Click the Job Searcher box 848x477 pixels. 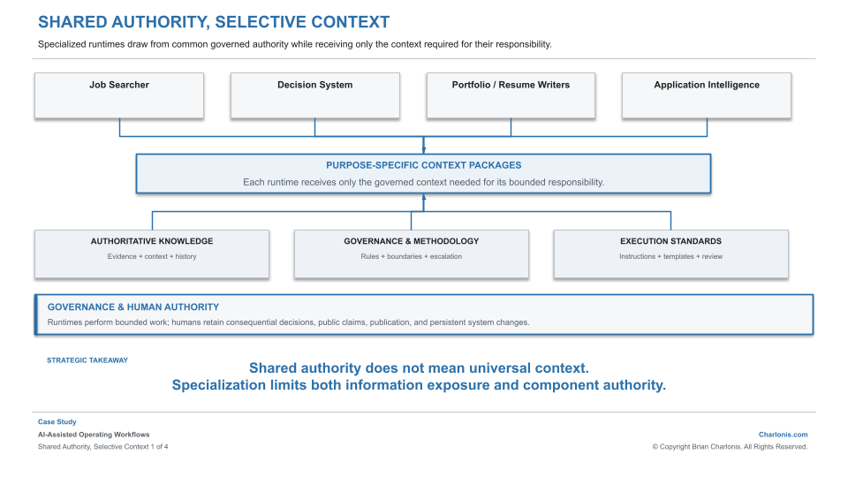tap(119, 95)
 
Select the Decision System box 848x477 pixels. tap(314, 95)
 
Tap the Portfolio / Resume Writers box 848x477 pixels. tap(511, 95)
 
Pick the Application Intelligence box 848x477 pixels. tap(707, 95)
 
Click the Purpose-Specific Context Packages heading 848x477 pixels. tap(423, 165)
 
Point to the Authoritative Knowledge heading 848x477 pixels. tap(152, 241)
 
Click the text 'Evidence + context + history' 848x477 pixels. tap(152, 256)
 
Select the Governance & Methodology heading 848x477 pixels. tap(412, 241)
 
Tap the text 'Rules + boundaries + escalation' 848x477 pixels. tap(412, 256)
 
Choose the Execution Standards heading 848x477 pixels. tap(670, 241)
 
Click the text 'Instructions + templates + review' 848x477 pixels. tap(670, 256)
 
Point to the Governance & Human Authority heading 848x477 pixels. tap(133, 307)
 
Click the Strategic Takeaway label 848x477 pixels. tap(87, 360)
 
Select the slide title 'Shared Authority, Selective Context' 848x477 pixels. tap(214, 22)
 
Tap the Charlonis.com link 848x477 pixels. tap(784, 435)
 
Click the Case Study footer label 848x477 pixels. tap(57, 422)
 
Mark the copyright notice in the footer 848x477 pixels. tap(730, 447)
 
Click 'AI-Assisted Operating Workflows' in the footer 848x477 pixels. tap(94, 435)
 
